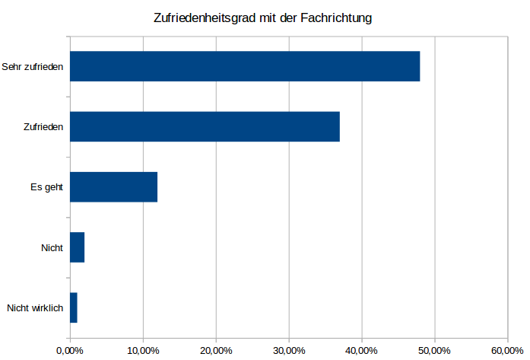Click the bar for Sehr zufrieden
[x=244, y=66]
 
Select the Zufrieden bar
[x=205, y=126]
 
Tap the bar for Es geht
[x=113, y=186]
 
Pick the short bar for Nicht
[x=77, y=247]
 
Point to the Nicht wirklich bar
[x=73, y=307]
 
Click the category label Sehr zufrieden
[x=32, y=66]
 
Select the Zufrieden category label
[x=43, y=126]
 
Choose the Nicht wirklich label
[x=34, y=308]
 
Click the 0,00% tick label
[x=70, y=349]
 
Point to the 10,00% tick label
[x=143, y=349]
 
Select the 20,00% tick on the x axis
[x=216, y=349]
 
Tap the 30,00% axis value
[x=289, y=349]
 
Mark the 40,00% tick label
[x=362, y=349]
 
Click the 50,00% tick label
[x=435, y=349]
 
